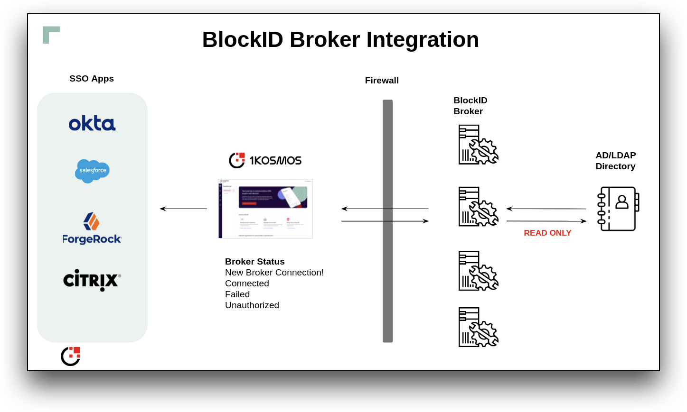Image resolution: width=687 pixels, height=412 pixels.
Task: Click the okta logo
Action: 92,123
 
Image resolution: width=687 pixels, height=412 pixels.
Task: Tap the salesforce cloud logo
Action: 92,171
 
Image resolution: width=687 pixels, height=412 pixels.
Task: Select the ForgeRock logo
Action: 92,229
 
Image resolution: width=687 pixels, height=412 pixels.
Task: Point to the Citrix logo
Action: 92,280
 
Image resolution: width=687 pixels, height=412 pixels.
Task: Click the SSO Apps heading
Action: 92,79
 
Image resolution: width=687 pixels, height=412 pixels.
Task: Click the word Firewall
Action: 382,81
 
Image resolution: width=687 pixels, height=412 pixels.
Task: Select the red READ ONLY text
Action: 547,233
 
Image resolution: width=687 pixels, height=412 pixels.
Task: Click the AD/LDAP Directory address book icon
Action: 618,209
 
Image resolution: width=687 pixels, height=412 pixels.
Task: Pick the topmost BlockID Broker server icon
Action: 478,145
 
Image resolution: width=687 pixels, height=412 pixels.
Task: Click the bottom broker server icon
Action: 478,327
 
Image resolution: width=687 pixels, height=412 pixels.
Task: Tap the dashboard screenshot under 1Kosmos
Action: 265,209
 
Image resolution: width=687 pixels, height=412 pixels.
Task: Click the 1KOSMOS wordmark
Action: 275,161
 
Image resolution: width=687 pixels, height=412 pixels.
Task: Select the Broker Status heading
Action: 255,262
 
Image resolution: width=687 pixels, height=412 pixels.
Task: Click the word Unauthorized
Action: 252,305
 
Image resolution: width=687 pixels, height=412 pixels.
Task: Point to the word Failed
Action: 237,294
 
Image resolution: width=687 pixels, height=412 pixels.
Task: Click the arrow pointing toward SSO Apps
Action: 183,209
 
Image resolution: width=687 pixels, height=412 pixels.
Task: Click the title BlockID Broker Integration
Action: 340,39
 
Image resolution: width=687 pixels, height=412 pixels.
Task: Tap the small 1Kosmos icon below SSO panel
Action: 70,356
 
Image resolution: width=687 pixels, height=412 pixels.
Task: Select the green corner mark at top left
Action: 49,33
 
